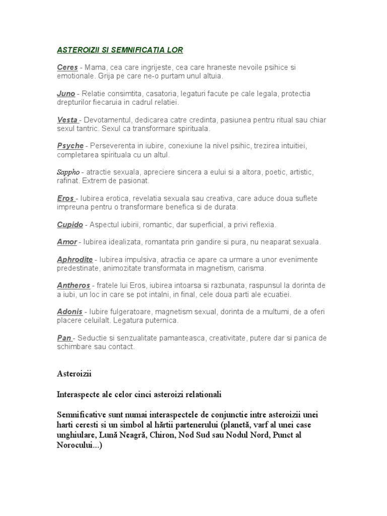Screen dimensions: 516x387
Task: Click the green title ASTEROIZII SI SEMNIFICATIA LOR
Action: [x=119, y=50]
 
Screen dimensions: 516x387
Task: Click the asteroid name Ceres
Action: [x=68, y=67]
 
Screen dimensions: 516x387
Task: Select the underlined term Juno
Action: [x=66, y=94]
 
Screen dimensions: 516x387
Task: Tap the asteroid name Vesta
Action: [x=68, y=120]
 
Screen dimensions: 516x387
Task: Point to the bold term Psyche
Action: [x=70, y=146]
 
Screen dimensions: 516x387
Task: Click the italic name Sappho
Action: [x=68, y=172]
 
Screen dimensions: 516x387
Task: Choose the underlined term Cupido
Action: [x=70, y=224]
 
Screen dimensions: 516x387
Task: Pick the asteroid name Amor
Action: [x=67, y=242]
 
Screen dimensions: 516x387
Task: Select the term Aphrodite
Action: [x=75, y=260]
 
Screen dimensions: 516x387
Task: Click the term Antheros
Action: [x=74, y=286]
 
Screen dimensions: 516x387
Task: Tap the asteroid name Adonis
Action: [x=70, y=312]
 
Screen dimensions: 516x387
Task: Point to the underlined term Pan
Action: [x=63, y=338]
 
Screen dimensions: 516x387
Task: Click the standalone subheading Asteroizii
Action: [x=74, y=374]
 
